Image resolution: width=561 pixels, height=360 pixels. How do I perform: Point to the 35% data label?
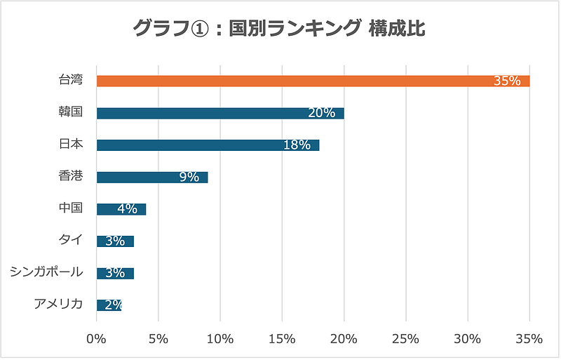pos(507,81)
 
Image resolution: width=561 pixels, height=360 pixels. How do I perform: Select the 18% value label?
pos(297,145)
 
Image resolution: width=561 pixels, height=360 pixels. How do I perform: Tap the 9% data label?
pos(189,177)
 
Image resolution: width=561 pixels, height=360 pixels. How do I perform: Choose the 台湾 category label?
pos(71,80)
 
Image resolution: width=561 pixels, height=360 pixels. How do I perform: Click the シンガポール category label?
pos(46,272)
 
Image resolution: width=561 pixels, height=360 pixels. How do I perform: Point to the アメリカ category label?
pos(58,304)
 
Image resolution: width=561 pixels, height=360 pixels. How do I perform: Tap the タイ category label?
pos(71,240)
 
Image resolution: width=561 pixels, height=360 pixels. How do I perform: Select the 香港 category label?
pos(71,176)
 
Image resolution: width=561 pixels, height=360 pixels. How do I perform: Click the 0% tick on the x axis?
pos(96,339)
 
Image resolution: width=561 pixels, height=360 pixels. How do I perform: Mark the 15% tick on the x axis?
pos(282,339)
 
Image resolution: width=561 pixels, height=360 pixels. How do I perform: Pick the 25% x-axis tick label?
pos(405,339)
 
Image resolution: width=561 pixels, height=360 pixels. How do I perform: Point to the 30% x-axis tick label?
pos(467,339)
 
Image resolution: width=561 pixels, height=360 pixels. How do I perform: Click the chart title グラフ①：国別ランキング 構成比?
pos(279,29)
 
